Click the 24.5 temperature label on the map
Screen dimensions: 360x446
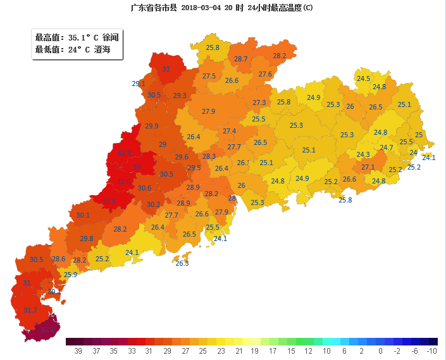point(363,79)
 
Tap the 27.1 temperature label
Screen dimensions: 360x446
point(368,168)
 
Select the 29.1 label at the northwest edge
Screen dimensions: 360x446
point(139,84)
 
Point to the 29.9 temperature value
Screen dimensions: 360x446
point(152,126)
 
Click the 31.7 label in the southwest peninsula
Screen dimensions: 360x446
point(30,310)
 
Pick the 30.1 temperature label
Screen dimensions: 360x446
point(83,215)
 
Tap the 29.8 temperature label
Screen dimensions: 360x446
point(87,239)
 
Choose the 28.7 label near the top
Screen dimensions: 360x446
point(241,59)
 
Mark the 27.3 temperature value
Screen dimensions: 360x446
point(259,102)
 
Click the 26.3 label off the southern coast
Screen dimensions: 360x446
point(182,263)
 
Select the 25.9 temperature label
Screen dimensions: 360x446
point(70,275)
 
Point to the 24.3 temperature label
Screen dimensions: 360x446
point(363,154)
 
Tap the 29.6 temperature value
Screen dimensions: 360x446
point(182,157)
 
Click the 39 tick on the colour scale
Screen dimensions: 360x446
point(78,351)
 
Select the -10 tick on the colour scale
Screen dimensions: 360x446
point(432,351)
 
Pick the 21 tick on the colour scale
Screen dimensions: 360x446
point(238,351)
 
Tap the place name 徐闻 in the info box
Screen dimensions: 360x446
point(111,38)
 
